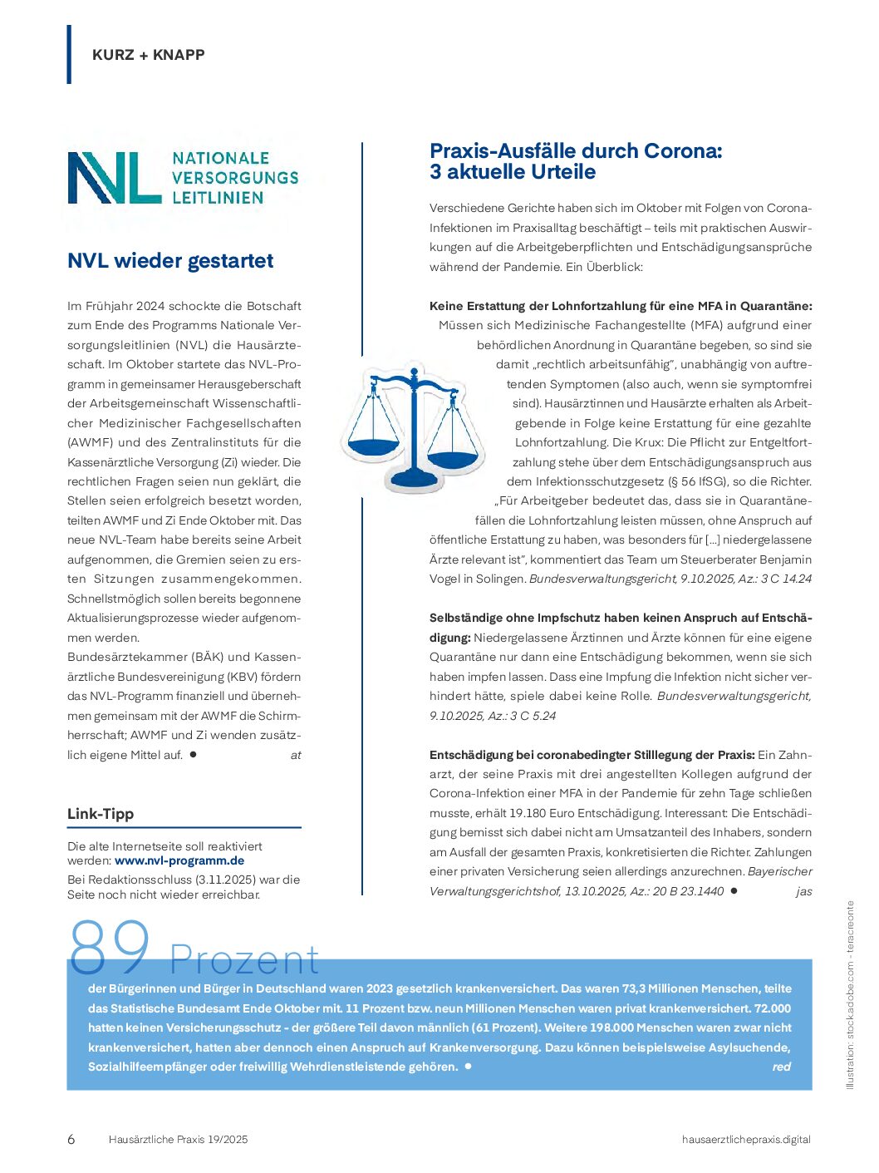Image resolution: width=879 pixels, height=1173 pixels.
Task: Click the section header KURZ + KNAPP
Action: [x=149, y=55]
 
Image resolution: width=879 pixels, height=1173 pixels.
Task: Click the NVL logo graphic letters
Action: [x=114, y=178]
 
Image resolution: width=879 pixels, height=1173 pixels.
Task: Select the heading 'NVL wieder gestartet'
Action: [x=170, y=261]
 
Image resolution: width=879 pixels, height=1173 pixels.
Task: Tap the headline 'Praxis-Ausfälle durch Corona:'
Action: [x=576, y=151]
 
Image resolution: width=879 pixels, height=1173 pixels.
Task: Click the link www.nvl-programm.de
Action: [x=179, y=860]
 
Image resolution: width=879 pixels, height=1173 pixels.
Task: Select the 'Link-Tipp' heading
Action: [x=101, y=814]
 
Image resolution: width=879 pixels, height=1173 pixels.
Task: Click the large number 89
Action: [x=110, y=948]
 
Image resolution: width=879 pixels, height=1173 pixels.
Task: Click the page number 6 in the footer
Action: [x=71, y=1139]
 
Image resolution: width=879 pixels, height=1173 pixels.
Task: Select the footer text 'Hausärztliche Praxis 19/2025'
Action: [x=178, y=1139]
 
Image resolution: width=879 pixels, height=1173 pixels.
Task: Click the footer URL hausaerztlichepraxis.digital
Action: [x=745, y=1139]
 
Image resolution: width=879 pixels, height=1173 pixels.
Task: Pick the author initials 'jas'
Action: [x=803, y=891]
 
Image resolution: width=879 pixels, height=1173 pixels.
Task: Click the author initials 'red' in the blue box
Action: [x=781, y=1067]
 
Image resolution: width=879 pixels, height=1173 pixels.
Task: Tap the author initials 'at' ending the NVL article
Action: [x=296, y=755]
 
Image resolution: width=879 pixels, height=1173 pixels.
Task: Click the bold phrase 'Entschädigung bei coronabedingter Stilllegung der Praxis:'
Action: [x=592, y=755]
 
